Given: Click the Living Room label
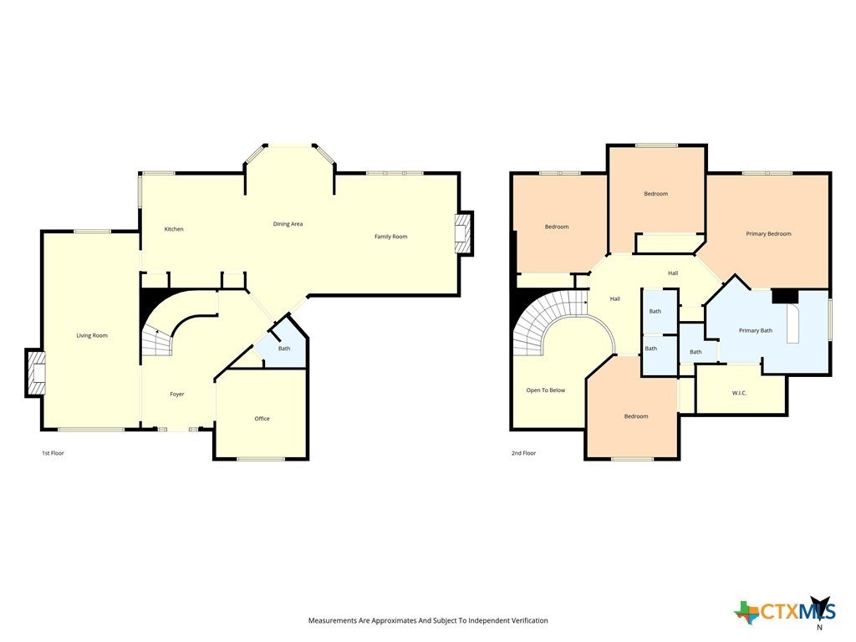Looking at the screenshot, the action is [92, 335].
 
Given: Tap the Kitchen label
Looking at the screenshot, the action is [174, 229].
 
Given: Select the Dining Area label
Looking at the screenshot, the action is [288, 224].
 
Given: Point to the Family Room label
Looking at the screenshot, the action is [391, 237].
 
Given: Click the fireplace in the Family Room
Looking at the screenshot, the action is [463, 233].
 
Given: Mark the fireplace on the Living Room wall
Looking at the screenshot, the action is [35, 373].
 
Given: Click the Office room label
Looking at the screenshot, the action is [262, 419].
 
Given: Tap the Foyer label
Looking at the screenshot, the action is [177, 395].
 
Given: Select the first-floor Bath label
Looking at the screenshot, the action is [284, 349].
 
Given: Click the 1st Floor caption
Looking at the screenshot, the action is [53, 453].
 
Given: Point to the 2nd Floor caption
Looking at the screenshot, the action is [523, 453].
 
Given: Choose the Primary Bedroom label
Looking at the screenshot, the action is [769, 234].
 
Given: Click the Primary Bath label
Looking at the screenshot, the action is [756, 330].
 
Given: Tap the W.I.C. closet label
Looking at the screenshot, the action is [739, 393].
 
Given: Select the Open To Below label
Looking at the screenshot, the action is [546, 390].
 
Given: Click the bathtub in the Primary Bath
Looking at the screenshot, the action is [792, 324].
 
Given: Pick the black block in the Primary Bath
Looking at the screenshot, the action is [785, 296].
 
